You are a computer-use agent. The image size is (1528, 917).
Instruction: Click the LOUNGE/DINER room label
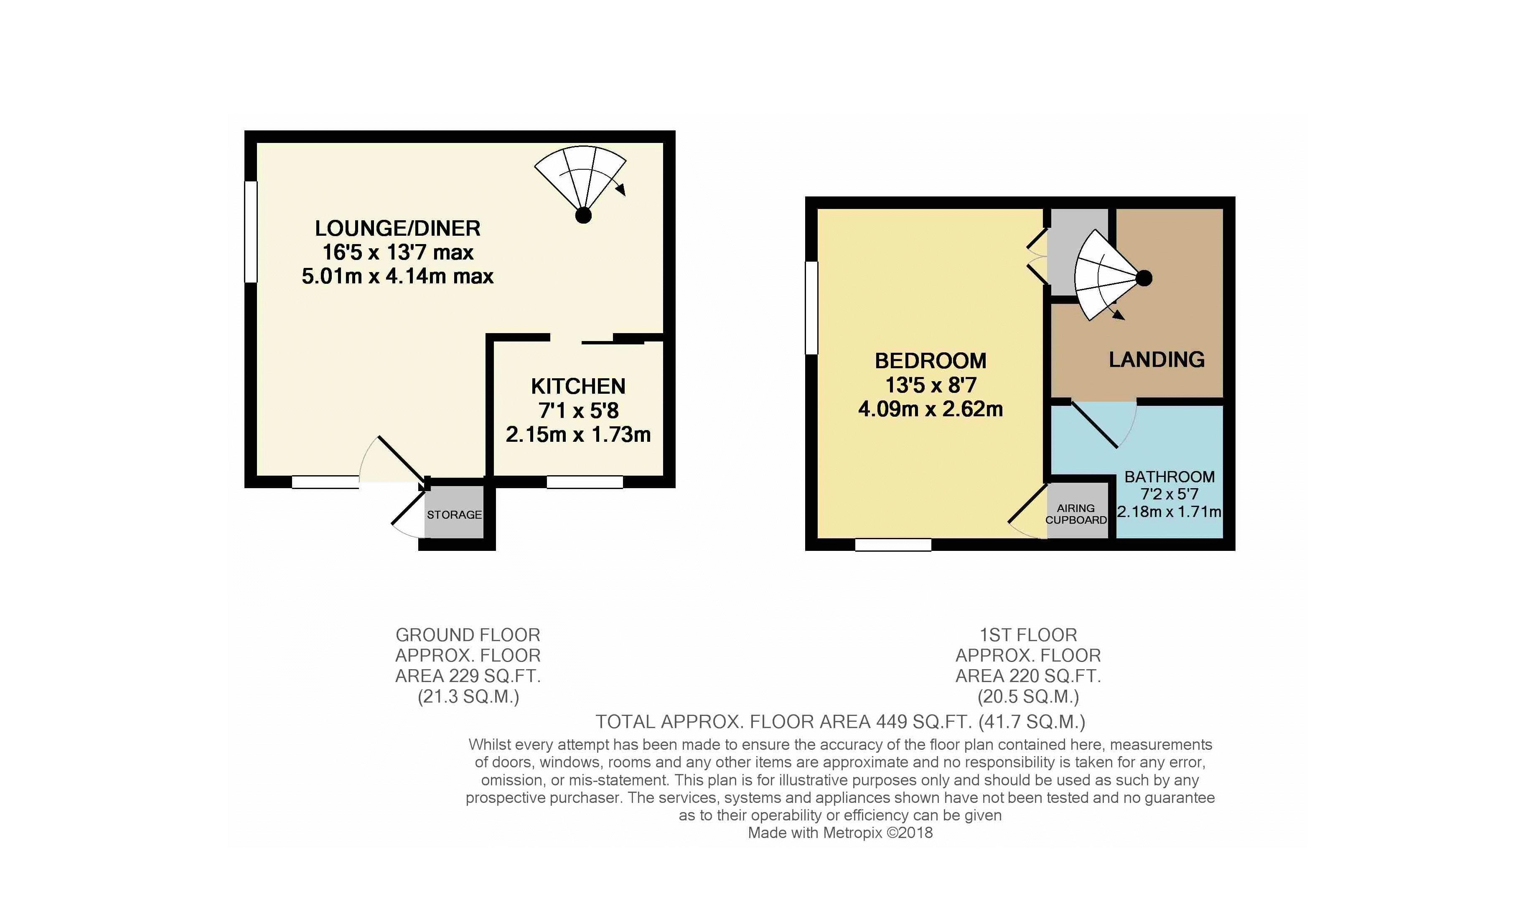pos(398,229)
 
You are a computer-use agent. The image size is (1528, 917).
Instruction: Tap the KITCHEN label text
pos(578,387)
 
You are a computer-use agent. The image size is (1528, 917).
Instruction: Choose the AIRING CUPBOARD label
pos(1076,514)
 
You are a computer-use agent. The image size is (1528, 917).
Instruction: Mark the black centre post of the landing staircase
pos(1144,279)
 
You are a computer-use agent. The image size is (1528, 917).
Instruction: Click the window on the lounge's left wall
pos(251,232)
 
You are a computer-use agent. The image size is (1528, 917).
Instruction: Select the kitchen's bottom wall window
pos(585,482)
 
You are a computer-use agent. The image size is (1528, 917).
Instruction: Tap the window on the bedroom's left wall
pos(811,308)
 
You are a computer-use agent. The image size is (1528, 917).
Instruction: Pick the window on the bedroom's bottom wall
pos(893,545)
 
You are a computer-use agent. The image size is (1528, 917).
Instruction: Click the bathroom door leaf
pos(1094,424)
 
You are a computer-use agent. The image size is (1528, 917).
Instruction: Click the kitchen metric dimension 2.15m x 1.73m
pos(578,435)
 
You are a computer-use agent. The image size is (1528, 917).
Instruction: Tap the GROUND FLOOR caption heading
pos(468,635)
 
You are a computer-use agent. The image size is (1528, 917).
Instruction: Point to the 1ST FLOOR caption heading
pos(1028,635)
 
